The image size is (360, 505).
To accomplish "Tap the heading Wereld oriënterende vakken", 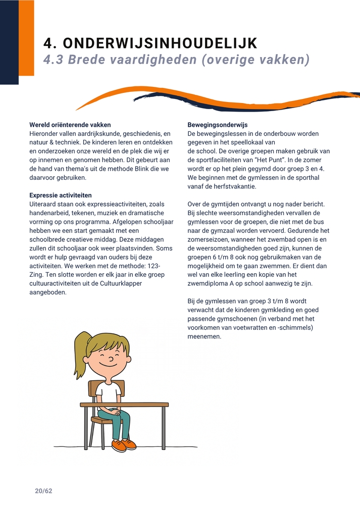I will click(70, 125).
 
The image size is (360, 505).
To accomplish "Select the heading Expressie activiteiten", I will click(61, 195).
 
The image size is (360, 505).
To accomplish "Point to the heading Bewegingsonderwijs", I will click(218, 125).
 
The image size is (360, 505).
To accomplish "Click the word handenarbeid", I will click(49, 213).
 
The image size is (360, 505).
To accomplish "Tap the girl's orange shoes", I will click(123, 445).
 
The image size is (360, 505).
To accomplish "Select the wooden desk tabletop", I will click(124, 405).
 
